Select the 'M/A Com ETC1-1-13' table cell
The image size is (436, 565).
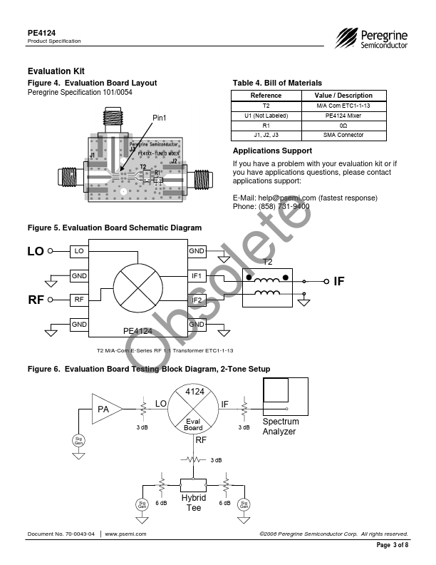[343, 105]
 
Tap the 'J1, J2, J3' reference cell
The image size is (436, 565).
[266, 135]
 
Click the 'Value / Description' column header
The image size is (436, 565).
[343, 95]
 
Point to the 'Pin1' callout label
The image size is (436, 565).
[160, 118]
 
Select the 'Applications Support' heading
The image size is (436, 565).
[272, 151]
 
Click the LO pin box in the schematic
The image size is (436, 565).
[78, 251]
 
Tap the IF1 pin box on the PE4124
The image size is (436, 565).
[197, 275]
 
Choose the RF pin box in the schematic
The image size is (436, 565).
[78, 300]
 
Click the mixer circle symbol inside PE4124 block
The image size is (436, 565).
[138, 287]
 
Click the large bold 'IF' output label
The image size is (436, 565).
[338, 282]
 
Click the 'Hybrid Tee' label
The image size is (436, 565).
[194, 502]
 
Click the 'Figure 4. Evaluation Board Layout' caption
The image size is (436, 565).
[92, 83]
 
